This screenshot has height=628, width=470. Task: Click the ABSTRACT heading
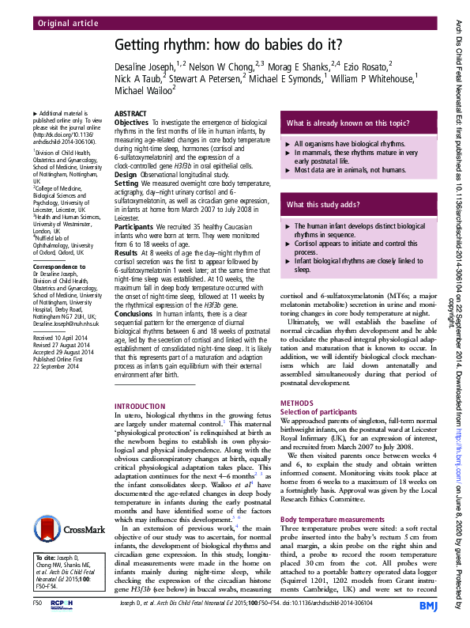pos(130,114)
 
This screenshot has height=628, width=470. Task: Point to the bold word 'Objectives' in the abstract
pos(131,123)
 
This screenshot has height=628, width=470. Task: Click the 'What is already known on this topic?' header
pos(348,123)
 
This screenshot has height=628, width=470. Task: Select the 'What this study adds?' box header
pos(324,205)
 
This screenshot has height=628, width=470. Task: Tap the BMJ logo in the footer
pos(428,606)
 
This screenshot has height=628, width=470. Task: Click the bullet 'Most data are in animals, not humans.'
pos(349,170)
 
